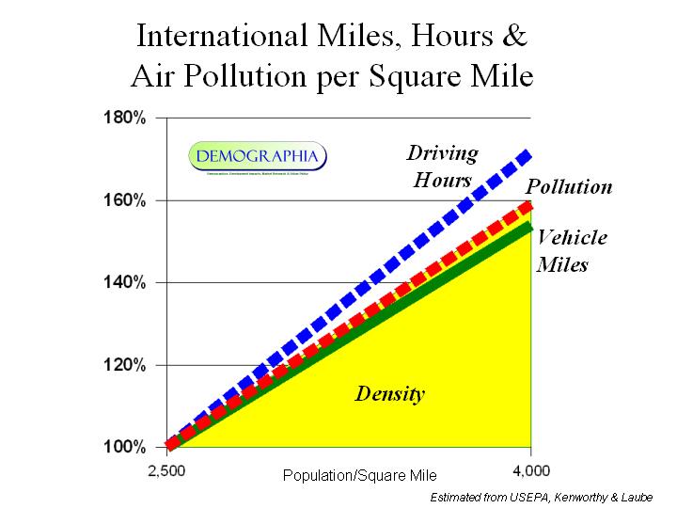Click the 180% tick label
coord(124,119)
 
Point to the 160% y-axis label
coord(124,200)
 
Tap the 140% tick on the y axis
coord(124,282)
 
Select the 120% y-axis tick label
coord(124,365)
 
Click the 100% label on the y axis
coord(124,447)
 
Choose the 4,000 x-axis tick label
coord(532,468)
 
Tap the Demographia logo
coord(258,156)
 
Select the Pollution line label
coord(569,186)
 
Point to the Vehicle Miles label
coord(571,250)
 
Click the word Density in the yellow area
coord(389,393)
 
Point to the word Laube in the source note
coord(645,496)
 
